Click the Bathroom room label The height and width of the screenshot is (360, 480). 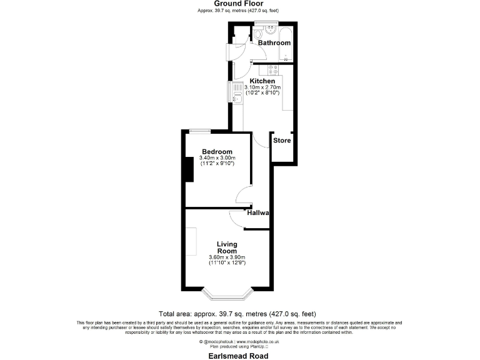point(275,43)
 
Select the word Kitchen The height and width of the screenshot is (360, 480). point(262,81)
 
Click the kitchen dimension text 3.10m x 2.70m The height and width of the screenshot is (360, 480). point(266,87)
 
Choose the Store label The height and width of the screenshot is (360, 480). point(282,141)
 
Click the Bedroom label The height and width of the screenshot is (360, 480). point(217,152)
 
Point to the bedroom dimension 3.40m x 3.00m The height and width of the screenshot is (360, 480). point(217,158)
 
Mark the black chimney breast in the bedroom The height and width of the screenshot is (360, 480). point(190,168)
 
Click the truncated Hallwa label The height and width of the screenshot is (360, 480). point(257,213)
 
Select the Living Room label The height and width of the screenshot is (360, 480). point(227,247)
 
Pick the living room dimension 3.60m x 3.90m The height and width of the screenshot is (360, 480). point(227,257)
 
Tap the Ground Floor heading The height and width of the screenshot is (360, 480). point(239,4)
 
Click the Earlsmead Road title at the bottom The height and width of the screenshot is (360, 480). point(238,356)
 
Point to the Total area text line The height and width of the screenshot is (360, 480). point(238,314)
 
